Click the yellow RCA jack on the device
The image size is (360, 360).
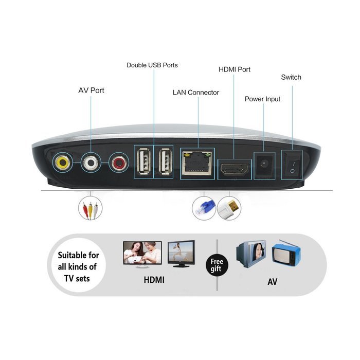(x=63, y=163)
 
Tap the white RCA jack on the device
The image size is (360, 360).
(x=91, y=163)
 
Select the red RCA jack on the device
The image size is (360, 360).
(x=119, y=163)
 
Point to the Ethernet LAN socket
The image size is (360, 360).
(x=197, y=163)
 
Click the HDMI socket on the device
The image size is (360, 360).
(x=234, y=169)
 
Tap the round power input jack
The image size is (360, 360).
(x=264, y=164)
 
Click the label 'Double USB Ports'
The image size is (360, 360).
(x=152, y=65)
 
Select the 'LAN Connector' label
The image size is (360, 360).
(x=196, y=93)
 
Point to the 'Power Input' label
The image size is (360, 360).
(x=262, y=99)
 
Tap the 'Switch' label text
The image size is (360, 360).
(x=291, y=77)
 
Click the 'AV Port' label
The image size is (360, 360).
(x=91, y=90)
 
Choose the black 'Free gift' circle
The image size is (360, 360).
(x=217, y=265)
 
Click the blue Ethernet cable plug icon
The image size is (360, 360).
(x=204, y=208)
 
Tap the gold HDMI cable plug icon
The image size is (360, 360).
(x=229, y=208)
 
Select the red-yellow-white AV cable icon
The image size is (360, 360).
(x=90, y=208)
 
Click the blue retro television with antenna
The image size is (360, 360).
(x=286, y=254)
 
